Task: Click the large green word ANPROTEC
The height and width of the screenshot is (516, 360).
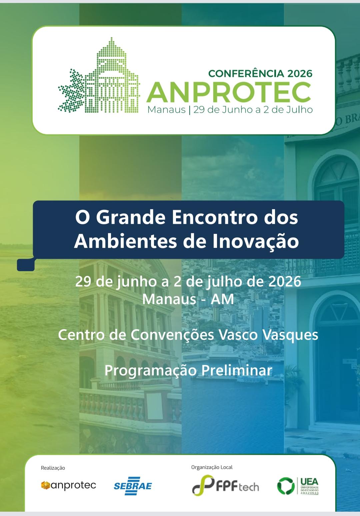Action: click(x=229, y=92)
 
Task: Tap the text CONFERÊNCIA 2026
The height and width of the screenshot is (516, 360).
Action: click(x=260, y=74)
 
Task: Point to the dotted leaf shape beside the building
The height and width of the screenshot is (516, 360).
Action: click(x=71, y=91)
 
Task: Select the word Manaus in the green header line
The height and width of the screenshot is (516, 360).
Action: click(x=166, y=110)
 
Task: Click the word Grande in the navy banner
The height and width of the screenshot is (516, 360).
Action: click(x=131, y=218)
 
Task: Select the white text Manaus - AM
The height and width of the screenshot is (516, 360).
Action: click(x=188, y=299)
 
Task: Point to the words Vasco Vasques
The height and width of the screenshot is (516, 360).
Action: click(x=268, y=335)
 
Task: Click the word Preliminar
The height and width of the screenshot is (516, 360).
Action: click(x=237, y=370)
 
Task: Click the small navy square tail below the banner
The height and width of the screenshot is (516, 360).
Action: click(x=26, y=265)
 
